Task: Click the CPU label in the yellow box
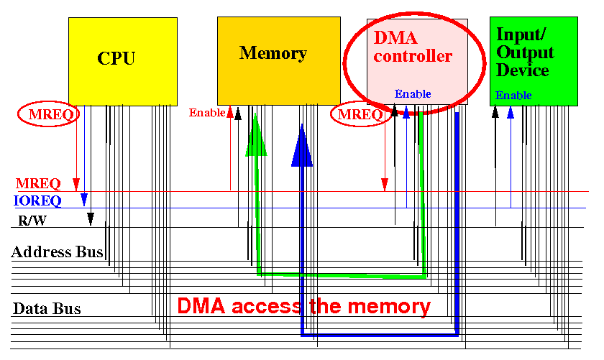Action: (x=116, y=58)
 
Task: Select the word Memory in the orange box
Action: (x=273, y=53)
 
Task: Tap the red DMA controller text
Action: (x=413, y=47)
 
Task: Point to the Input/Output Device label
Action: (x=525, y=52)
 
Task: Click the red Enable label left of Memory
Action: (x=207, y=112)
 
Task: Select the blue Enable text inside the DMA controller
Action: (x=413, y=93)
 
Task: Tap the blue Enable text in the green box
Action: (x=513, y=95)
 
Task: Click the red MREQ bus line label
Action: (x=38, y=183)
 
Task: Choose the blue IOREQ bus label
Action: (x=37, y=200)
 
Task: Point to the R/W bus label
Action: (x=32, y=221)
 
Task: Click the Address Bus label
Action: (x=57, y=251)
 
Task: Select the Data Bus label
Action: (x=47, y=309)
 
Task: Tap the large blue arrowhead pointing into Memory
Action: (x=302, y=146)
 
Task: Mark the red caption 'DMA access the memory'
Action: (x=303, y=307)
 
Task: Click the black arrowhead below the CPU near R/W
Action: (x=91, y=218)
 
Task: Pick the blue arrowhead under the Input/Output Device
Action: (x=511, y=112)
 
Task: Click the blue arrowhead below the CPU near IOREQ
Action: (x=84, y=200)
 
